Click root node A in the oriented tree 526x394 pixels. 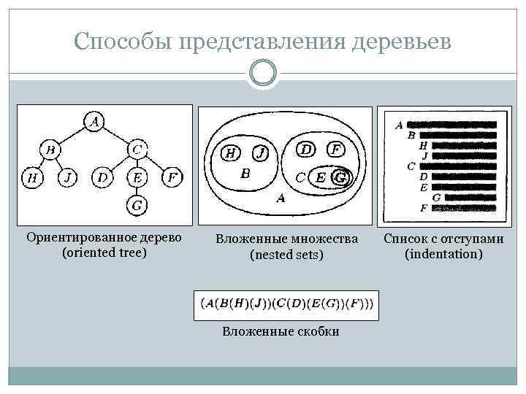pyautogui.click(x=94, y=121)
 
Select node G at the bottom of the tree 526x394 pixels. pyautogui.click(x=137, y=206)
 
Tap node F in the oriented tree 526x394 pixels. pyautogui.click(x=172, y=177)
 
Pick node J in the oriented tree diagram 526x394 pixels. pyautogui.click(x=67, y=177)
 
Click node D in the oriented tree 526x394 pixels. pyautogui.click(x=102, y=177)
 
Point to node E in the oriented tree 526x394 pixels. pyautogui.click(x=137, y=177)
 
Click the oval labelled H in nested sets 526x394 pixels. pyautogui.click(x=229, y=153)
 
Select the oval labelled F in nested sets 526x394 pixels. pyautogui.click(x=335, y=149)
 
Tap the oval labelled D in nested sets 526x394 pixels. pyautogui.click(x=307, y=149)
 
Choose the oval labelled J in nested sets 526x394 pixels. pyautogui.click(x=261, y=153)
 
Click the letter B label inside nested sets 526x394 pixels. pyautogui.click(x=245, y=174)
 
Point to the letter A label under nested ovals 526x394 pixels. pyautogui.click(x=281, y=198)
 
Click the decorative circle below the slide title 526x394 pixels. pyautogui.click(x=263, y=74)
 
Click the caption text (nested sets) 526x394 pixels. pyautogui.click(x=286, y=255)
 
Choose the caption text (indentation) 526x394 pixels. pyautogui.click(x=443, y=254)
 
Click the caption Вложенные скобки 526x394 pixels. pyautogui.click(x=281, y=331)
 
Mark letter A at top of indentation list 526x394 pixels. pyautogui.click(x=399, y=125)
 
